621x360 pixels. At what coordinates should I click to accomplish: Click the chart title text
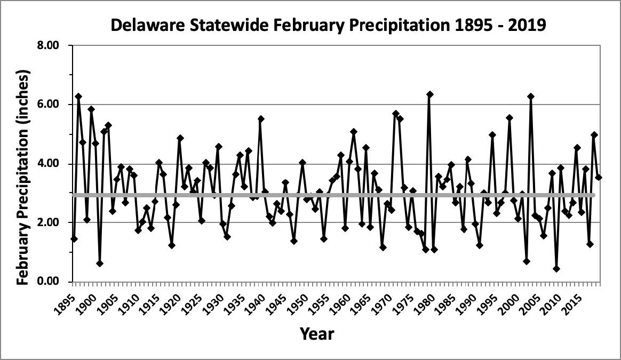pyautogui.click(x=328, y=25)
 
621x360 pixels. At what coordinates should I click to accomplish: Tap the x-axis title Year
pyautogui.click(x=317, y=334)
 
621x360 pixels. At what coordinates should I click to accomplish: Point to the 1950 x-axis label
pyautogui.click(x=300, y=299)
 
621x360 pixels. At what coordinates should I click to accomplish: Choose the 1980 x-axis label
pyautogui.click(x=428, y=299)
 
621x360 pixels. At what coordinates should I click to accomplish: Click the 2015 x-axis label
pyautogui.click(x=577, y=299)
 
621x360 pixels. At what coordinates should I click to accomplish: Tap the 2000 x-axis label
pyautogui.click(x=513, y=299)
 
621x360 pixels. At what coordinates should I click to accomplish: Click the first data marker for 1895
pyautogui.click(x=74, y=239)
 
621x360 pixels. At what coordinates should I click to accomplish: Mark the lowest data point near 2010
pyautogui.click(x=556, y=269)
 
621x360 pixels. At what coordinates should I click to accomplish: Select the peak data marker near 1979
pyautogui.click(x=430, y=94)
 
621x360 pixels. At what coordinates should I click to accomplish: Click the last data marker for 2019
pyautogui.click(x=599, y=177)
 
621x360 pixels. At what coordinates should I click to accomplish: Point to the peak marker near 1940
pyautogui.click(x=261, y=119)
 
